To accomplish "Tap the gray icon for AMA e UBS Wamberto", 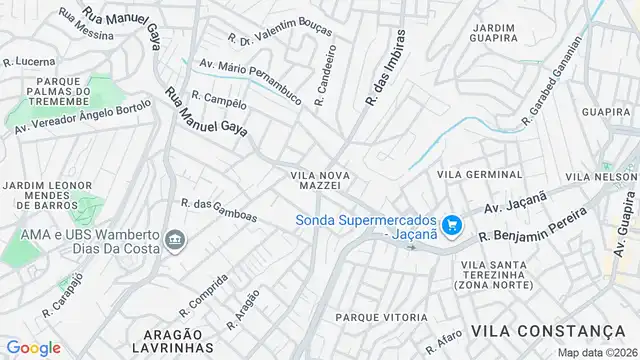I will coord(176,239).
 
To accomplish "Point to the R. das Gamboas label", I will coord(219,210).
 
